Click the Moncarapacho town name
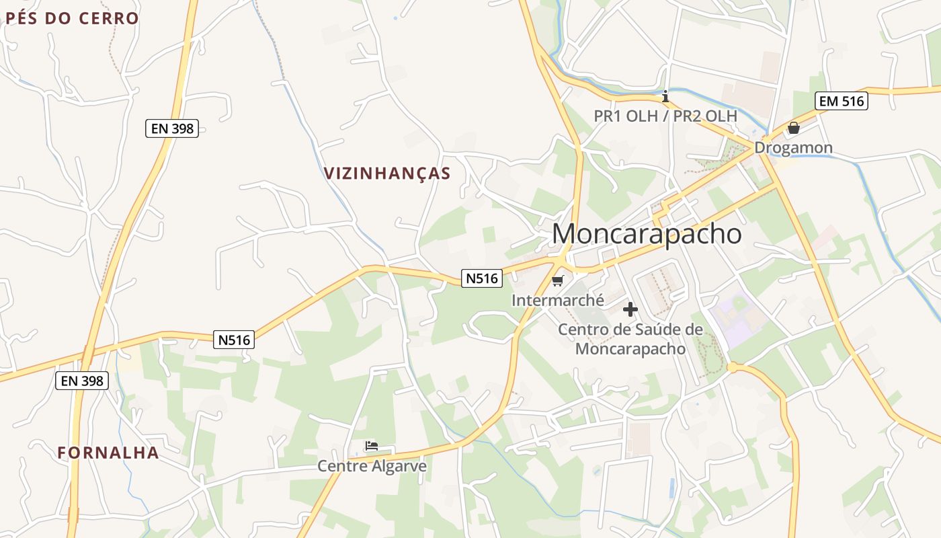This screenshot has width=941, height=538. pos(647,234)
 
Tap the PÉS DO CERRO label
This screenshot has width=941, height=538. pos(72,18)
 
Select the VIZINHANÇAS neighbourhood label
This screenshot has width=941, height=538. pos(387,174)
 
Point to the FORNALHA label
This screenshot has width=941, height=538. pos(108,453)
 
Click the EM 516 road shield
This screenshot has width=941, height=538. pos(842,102)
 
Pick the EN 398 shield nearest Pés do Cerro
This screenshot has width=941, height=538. pos(172,128)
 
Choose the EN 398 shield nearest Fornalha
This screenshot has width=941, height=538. pos(81,381)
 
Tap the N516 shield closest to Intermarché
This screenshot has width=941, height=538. pos(482,278)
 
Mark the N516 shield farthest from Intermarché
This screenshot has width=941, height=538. pos(235,340)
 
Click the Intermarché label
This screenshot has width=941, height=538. pos(558,300)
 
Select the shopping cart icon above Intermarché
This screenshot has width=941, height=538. pos(557,280)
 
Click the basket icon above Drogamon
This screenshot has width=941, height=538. pos(794,127)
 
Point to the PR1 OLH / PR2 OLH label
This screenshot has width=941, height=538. pos(665,116)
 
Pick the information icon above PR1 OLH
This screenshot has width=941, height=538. pos(665,96)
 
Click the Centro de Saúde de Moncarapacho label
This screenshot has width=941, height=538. pos(630,339)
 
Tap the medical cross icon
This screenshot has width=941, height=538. pos(630,309)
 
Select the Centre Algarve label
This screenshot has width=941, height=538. pos(372,466)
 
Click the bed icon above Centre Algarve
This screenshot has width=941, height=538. pos(372,446)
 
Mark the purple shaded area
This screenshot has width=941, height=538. pos(736,319)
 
